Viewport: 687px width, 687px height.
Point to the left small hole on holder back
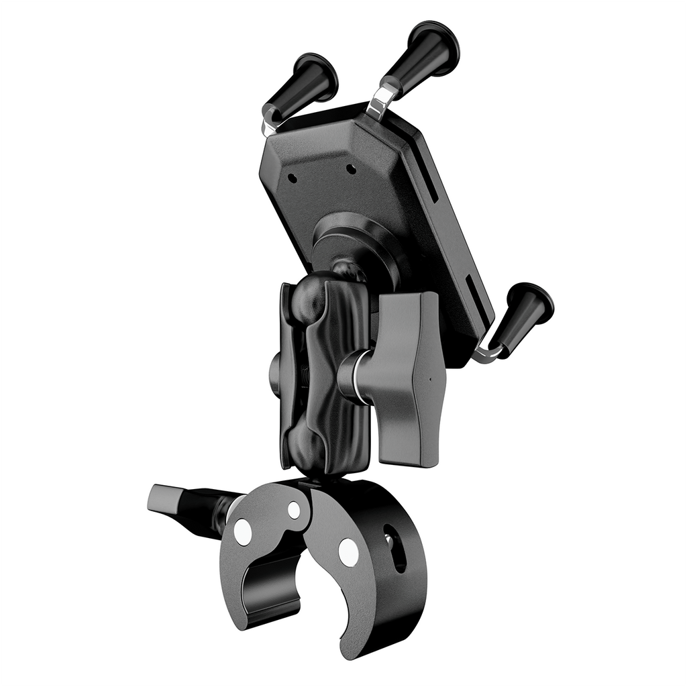coord(293,178)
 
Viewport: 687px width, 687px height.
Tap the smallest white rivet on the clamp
coord(294,510)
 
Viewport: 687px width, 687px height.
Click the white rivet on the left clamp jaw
coord(244,532)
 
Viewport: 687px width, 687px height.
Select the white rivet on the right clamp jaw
coord(348,552)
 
